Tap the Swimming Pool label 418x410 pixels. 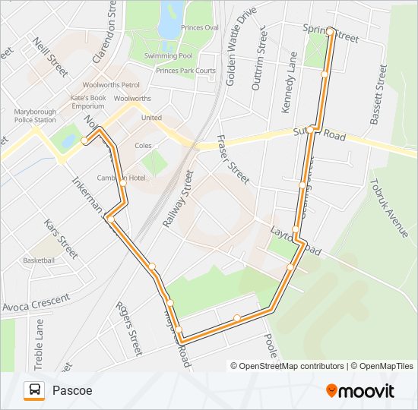coord(169,56)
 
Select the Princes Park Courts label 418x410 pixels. coord(185,71)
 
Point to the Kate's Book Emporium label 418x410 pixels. coord(88,102)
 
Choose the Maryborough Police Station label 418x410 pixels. coord(35,115)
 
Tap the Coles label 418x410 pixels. coord(143,145)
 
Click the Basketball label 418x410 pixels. coord(39,260)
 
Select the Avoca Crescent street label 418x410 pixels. coord(36,303)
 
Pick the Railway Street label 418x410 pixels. coord(178,199)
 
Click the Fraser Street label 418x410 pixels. coord(233,159)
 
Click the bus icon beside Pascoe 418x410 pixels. coord(34,391)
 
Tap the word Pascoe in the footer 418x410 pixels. coord(72,391)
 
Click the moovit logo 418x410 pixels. coord(360,391)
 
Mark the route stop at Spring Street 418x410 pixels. coord(331,30)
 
